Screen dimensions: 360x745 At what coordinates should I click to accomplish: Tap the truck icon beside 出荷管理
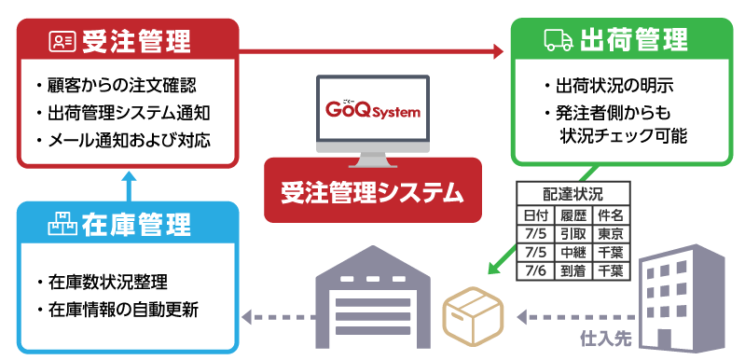[x=558, y=40]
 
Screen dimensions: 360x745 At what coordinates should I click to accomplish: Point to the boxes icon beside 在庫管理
[x=62, y=224]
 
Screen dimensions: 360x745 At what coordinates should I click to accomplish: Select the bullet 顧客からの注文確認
[x=121, y=85]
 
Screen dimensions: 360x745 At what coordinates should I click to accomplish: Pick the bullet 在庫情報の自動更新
[x=121, y=308]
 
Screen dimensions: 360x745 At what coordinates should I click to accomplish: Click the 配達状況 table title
[x=573, y=194]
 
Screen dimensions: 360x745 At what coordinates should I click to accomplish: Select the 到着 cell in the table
[x=572, y=270]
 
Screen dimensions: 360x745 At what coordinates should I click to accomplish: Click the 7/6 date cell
[x=534, y=270]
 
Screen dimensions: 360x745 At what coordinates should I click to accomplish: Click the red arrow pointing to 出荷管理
[x=373, y=49]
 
